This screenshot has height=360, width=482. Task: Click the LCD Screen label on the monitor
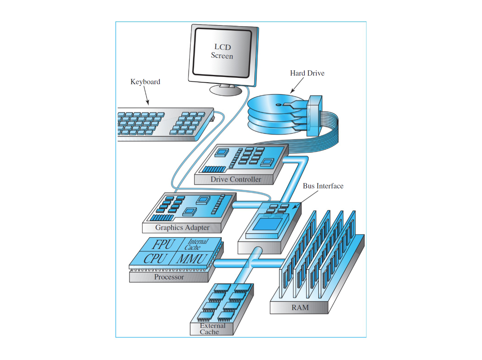pyautogui.click(x=222, y=51)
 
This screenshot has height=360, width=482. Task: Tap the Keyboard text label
pyautogui.click(x=145, y=82)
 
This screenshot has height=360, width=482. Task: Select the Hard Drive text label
pyautogui.click(x=307, y=73)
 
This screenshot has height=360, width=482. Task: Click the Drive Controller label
pyautogui.click(x=236, y=179)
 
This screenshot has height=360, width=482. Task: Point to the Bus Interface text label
pyautogui.click(x=323, y=186)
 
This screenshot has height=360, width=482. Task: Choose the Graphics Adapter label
pyautogui.click(x=182, y=228)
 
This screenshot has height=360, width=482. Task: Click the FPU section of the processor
pyautogui.click(x=163, y=245)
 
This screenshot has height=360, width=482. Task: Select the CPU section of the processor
pyautogui.click(x=154, y=259)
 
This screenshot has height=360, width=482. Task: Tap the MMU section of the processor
pyautogui.click(x=191, y=259)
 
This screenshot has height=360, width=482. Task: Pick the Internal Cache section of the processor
pyautogui.click(x=197, y=244)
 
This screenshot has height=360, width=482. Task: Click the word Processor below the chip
pyautogui.click(x=169, y=277)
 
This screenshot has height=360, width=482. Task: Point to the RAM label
pyautogui.click(x=300, y=308)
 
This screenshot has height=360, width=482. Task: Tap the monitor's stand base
pyautogui.click(x=226, y=90)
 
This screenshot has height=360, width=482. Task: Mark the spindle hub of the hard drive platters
pyautogui.click(x=279, y=105)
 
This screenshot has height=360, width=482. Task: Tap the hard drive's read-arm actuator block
pyautogui.click(x=314, y=116)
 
